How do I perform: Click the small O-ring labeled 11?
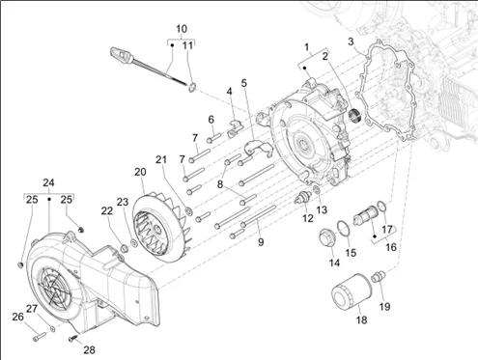[192, 87]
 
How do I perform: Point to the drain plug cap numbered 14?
[327, 238]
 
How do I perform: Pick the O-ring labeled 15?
[344, 228]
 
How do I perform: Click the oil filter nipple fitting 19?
[379, 277]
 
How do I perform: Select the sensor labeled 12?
[303, 197]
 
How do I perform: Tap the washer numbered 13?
[316, 189]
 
